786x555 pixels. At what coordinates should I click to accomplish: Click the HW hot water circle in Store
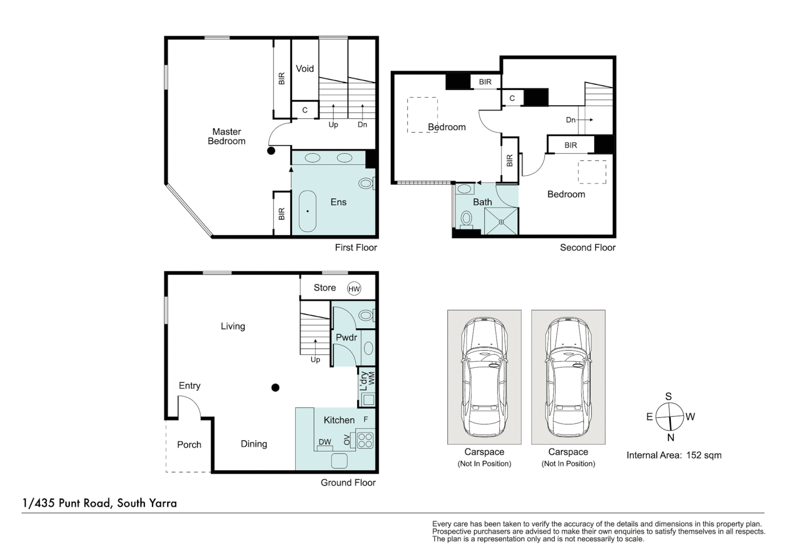354,289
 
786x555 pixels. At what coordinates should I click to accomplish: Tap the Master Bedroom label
227,137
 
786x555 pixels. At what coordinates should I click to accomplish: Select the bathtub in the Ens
308,211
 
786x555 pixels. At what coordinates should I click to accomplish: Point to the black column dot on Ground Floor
276,387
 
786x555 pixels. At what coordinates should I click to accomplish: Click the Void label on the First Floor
304,69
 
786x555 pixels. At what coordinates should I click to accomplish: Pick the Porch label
189,445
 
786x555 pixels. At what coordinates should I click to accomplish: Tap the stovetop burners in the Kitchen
365,440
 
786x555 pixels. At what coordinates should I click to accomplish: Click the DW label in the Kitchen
325,442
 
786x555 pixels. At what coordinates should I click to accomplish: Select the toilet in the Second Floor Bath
466,219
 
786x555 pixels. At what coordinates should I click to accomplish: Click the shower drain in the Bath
501,221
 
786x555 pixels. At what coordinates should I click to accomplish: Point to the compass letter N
670,437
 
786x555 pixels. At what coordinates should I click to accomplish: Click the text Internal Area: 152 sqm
674,455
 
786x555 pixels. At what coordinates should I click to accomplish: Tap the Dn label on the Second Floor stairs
571,120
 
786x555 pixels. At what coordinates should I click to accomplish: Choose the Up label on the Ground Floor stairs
315,360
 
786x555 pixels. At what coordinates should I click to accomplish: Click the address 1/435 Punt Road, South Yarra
100,503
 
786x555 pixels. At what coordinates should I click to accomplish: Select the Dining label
254,444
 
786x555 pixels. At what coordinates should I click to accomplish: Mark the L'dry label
364,381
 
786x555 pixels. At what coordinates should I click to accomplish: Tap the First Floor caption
356,248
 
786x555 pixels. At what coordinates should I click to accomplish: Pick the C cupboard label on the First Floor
305,110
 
